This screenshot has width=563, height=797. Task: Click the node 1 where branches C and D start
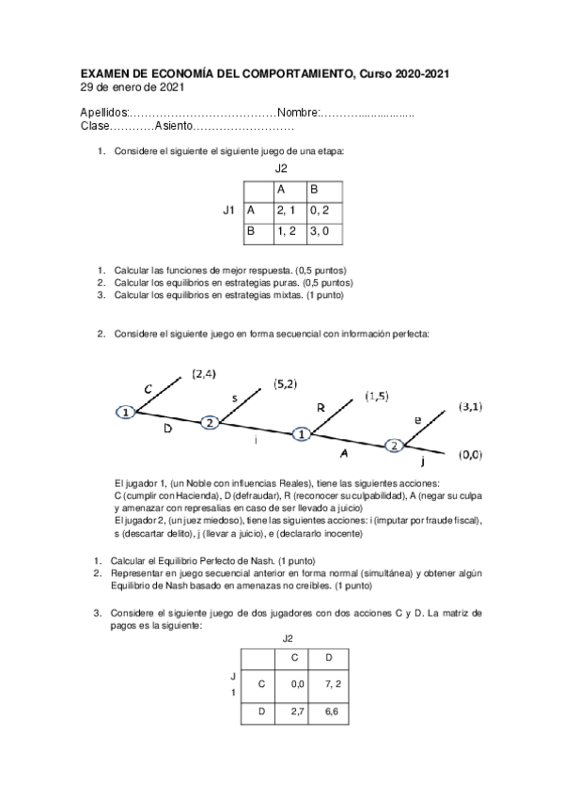pyautogui.click(x=124, y=412)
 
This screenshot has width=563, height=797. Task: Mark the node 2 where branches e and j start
pyautogui.click(x=395, y=445)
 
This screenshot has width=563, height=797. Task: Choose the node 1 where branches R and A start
pyautogui.click(x=301, y=434)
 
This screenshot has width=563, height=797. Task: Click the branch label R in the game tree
pyautogui.click(x=321, y=409)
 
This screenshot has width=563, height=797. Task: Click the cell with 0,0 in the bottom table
pyautogui.click(x=298, y=685)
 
